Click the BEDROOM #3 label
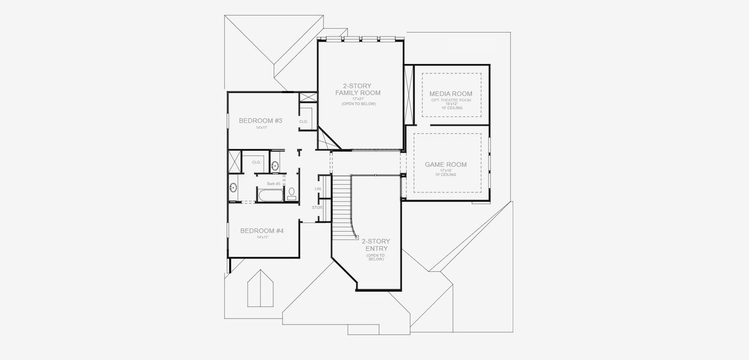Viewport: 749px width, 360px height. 260,121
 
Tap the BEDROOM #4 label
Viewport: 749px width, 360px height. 262,230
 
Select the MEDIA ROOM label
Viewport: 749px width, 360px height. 451,94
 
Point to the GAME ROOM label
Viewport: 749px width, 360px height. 445,164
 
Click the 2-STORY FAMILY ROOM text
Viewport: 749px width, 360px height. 358,89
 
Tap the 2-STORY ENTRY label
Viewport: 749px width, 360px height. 375,245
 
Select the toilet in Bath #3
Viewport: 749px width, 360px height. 292,193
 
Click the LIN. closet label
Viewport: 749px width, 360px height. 318,189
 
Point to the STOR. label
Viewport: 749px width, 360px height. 317,208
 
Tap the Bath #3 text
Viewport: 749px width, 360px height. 274,183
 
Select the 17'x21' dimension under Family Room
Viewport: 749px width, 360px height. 358,99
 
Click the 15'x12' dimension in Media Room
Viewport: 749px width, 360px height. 451,104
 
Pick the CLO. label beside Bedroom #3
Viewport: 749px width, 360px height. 303,122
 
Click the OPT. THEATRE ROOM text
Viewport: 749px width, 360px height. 451,100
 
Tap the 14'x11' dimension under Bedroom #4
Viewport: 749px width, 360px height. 262,238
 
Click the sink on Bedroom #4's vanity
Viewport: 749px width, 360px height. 233,187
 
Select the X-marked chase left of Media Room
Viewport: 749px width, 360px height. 409,96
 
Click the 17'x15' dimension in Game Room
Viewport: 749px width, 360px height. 445,171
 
